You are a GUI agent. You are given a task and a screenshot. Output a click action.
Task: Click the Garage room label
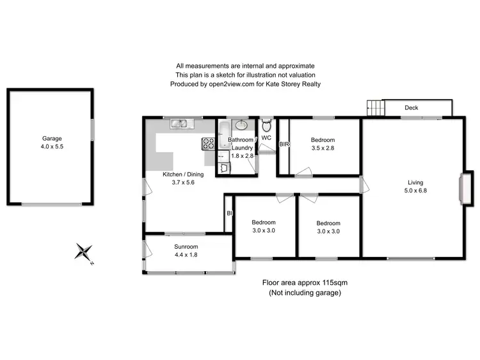pos(52,138)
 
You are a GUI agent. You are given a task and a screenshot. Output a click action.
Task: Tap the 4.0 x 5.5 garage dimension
pos(52,146)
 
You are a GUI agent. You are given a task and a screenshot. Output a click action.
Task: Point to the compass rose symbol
pos(84,253)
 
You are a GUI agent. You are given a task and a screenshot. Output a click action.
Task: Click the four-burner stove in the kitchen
pos(209,143)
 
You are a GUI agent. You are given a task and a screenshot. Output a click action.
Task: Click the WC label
pos(267,137)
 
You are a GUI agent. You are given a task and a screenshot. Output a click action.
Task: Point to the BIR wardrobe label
pos(284,145)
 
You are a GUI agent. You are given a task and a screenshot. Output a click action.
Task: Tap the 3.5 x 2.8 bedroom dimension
pos(323,148)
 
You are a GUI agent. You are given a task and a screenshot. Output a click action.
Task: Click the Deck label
pos(411,108)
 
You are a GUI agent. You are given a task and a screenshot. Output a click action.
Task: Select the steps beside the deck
pos(374,107)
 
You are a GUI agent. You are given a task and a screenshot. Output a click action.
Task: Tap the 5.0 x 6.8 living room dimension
pos(415,191)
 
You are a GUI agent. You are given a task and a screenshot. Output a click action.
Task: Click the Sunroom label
pos(186,247)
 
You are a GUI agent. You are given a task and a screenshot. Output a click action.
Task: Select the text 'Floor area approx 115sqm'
pos(304,283)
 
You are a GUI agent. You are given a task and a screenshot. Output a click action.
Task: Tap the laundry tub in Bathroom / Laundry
pos(223,168)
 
